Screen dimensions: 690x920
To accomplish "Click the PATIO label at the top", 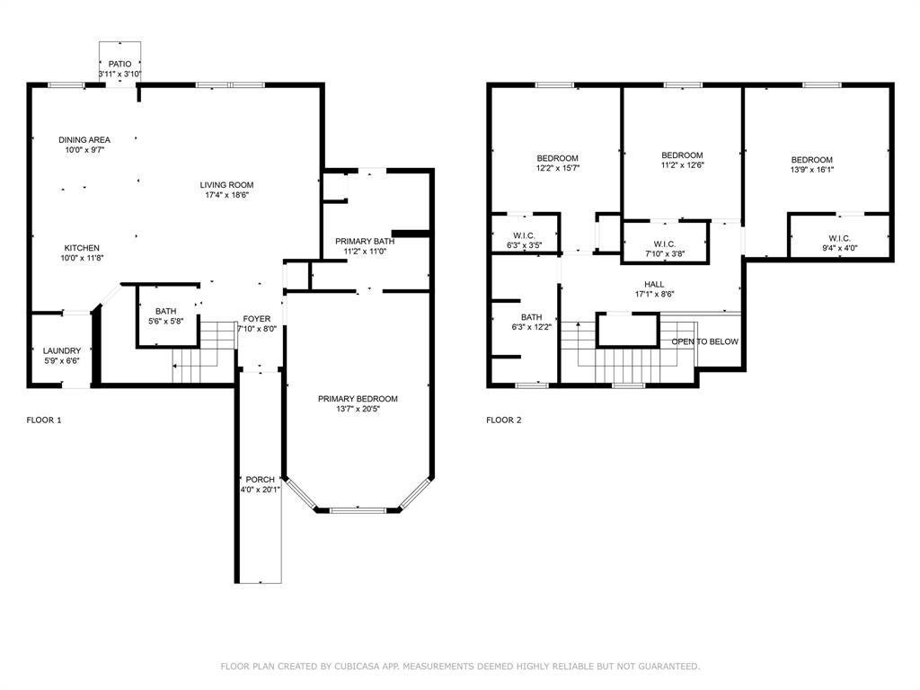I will coord(119,63).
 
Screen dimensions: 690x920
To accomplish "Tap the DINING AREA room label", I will coord(84,139).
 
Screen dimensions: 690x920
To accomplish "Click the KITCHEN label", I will coord(82,248).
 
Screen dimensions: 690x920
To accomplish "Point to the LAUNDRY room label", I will coord(62,350).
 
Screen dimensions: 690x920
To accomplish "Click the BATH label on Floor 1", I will coord(165,311).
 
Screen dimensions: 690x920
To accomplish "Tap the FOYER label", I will coord(256,319).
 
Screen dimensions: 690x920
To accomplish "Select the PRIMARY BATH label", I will coord(365,241).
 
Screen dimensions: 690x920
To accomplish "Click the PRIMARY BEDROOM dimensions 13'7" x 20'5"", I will coord(357,409).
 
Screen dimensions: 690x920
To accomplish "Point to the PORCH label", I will coord(260,479).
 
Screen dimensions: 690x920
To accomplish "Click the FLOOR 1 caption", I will coord(44,420).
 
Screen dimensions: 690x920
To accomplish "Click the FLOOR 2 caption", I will coord(504,420).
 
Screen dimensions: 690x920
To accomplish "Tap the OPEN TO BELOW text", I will coord(705,341).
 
